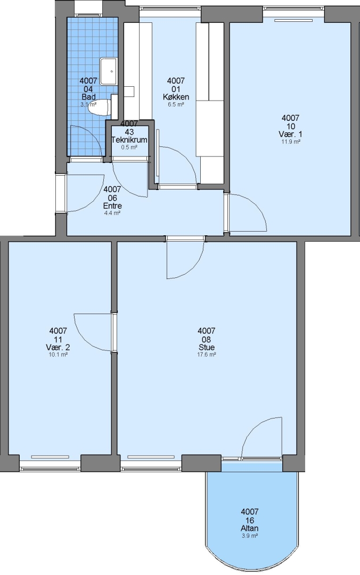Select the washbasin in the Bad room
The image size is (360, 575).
click(x=108, y=71)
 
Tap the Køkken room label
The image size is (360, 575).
click(x=176, y=97)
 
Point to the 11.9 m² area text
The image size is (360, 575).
click(x=291, y=142)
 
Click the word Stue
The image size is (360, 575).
click(x=206, y=347)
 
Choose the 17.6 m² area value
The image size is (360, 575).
click(x=206, y=355)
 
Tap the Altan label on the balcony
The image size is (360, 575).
click(x=250, y=528)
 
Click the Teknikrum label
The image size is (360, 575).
click(x=129, y=139)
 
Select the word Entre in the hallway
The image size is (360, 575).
click(x=112, y=206)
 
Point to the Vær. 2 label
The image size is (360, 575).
click(x=58, y=347)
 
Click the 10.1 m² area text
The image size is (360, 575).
click(x=58, y=355)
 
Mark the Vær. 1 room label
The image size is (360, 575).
click(x=291, y=134)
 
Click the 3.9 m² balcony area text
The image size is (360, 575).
click(x=250, y=536)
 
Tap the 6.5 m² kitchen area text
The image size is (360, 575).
click(x=176, y=104)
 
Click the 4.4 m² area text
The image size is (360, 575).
click(x=112, y=213)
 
